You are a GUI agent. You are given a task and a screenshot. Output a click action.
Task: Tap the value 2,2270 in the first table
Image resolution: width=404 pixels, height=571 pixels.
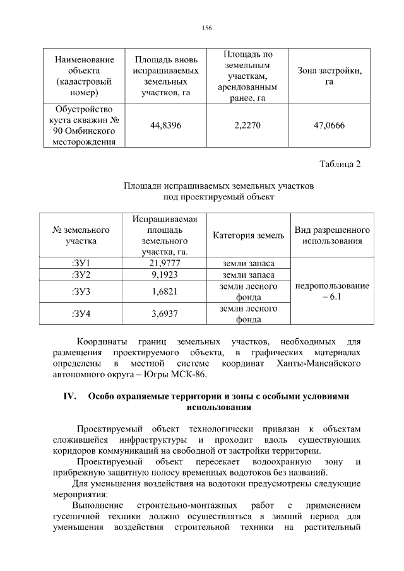click(x=247, y=126)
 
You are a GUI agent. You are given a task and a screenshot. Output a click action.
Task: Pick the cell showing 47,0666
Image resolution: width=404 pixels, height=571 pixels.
click(x=329, y=126)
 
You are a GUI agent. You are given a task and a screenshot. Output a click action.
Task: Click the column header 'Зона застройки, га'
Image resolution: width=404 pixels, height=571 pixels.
click(x=329, y=76)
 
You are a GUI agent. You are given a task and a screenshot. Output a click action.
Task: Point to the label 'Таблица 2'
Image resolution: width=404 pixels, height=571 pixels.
click(x=340, y=165)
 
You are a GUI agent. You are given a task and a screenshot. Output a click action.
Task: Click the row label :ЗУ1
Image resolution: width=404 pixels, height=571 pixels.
click(x=82, y=263)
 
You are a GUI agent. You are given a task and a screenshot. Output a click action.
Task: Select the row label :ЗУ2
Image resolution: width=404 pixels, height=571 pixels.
click(x=82, y=275)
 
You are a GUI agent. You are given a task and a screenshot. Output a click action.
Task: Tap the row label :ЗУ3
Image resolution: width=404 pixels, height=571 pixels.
click(x=82, y=291)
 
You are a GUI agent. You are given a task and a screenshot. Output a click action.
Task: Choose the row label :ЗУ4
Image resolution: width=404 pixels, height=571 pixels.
click(x=82, y=314)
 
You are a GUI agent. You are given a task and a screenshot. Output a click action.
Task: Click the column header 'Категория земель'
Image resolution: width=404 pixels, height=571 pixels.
click(x=248, y=235)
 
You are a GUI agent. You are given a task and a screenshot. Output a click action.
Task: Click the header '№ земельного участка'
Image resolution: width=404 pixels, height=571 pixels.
click(x=82, y=235)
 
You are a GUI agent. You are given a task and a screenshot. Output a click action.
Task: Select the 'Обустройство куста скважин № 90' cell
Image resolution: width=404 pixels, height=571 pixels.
click(x=85, y=126)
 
